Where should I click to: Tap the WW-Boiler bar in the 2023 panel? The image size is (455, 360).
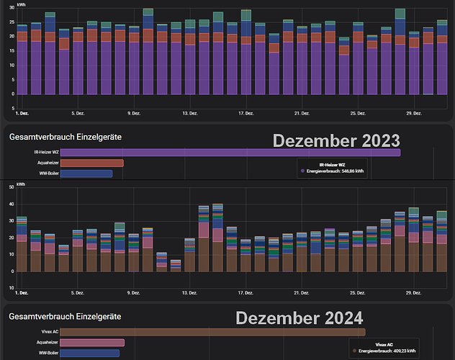(86, 174)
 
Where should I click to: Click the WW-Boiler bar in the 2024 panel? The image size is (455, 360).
(90, 354)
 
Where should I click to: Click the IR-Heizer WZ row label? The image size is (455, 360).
(46, 153)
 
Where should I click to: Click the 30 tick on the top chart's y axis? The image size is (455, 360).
(12, 8)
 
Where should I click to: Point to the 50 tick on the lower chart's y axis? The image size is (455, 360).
(12, 187)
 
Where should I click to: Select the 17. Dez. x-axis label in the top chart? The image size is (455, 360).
(246, 114)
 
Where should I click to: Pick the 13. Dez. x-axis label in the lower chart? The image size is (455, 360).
(190, 293)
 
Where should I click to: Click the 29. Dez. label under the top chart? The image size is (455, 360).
(413, 114)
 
